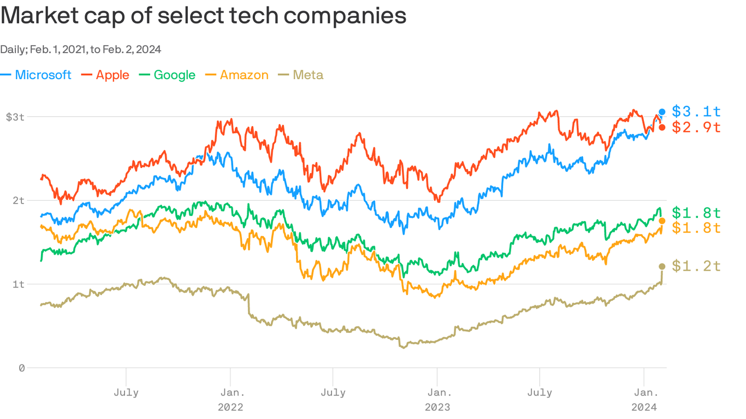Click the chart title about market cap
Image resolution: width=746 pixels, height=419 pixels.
(x=203, y=16)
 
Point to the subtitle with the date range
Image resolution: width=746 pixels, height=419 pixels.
(x=80, y=50)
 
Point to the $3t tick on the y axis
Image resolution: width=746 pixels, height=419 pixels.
(x=15, y=117)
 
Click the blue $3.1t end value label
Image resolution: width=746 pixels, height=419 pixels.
(x=696, y=112)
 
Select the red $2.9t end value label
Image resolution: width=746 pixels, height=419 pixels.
(x=696, y=127)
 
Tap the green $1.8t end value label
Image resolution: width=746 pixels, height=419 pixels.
(x=696, y=212)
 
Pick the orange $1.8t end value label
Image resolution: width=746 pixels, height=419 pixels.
(x=696, y=228)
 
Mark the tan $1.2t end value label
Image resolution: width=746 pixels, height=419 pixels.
(x=696, y=266)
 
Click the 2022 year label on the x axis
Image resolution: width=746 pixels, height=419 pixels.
(x=230, y=407)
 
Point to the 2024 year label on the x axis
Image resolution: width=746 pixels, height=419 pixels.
(x=644, y=407)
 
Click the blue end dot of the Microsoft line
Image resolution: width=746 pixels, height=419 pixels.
(x=662, y=112)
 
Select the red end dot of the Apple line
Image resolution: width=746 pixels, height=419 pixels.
(x=662, y=127)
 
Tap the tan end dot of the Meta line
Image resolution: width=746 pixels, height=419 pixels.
(x=662, y=266)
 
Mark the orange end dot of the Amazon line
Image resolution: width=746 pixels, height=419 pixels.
(x=662, y=221)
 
